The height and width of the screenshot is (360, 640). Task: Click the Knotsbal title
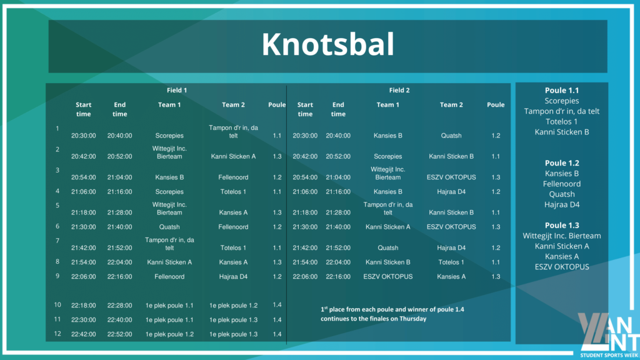[x=327, y=44]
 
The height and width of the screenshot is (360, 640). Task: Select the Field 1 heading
[x=177, y=90]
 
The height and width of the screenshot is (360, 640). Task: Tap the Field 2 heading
[x=399, y=90]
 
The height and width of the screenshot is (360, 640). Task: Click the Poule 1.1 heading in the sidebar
[x=562, y=91]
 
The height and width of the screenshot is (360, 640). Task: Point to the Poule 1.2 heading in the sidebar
[x=562, y=163]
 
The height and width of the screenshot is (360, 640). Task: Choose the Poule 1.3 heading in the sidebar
[x=562, y=225]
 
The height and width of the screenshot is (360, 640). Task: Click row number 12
[x=57, y=334]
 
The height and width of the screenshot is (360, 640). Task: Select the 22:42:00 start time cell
[x=83, y=334]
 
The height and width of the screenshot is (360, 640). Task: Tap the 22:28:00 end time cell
[x=119, y=305]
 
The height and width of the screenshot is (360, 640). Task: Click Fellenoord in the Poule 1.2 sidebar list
[x=562, y=184]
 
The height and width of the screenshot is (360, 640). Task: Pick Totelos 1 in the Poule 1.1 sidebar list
[x=562, y=122]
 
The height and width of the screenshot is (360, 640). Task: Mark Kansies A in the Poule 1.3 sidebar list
[x=562, y=257]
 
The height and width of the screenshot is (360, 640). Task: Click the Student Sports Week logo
[x=609, y=335]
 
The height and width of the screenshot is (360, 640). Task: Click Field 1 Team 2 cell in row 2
[x=233, y=156]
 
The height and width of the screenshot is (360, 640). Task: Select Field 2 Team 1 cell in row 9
[x=387, y=277]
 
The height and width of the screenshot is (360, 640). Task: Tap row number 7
[x=57, y=241]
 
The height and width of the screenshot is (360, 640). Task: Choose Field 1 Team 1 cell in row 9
[x=169, y=277]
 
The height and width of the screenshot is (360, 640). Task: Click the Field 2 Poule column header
[x=496, y=105]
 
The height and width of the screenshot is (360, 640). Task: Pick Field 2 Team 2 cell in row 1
[x=451, y=136]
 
